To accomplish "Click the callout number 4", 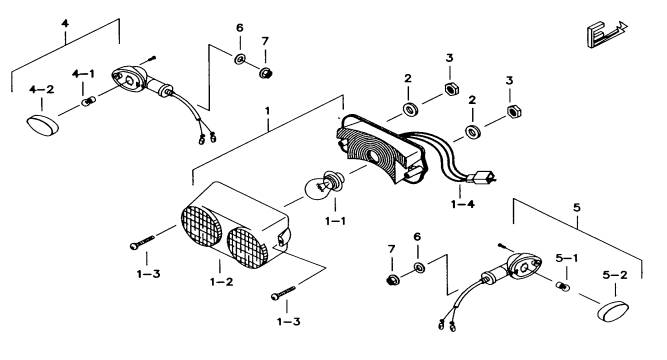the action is click(x=65, y=23).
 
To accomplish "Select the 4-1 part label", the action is click(x=83, y=74).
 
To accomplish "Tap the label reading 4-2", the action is click(x=42, y=90).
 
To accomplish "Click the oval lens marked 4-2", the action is click(x=43, y=125).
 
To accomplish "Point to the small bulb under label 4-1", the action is click(x=88, y=102).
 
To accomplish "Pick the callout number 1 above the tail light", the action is click(x=267, y=111).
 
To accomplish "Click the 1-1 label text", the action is click(x=335, y=221).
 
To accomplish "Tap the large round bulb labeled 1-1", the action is click(x=321, y=186).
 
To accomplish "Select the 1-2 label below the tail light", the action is click(x=222, y=282).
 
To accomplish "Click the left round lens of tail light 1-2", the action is click(x=201, y=226).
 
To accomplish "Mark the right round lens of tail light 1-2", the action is click(x=248, y=248).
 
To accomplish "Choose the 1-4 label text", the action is click(x=462, y=204).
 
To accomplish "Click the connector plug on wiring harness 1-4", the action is click(x=481, y=177).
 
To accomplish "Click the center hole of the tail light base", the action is click(x=373, y=156).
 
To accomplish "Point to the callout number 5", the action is click(x=576, y=208).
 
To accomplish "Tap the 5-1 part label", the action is click(x=567, y=258).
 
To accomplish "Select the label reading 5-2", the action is click(x=615, y=275).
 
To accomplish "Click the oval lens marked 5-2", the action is click(x=613, y=311).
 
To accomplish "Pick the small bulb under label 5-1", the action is click(x=563, y=287).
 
